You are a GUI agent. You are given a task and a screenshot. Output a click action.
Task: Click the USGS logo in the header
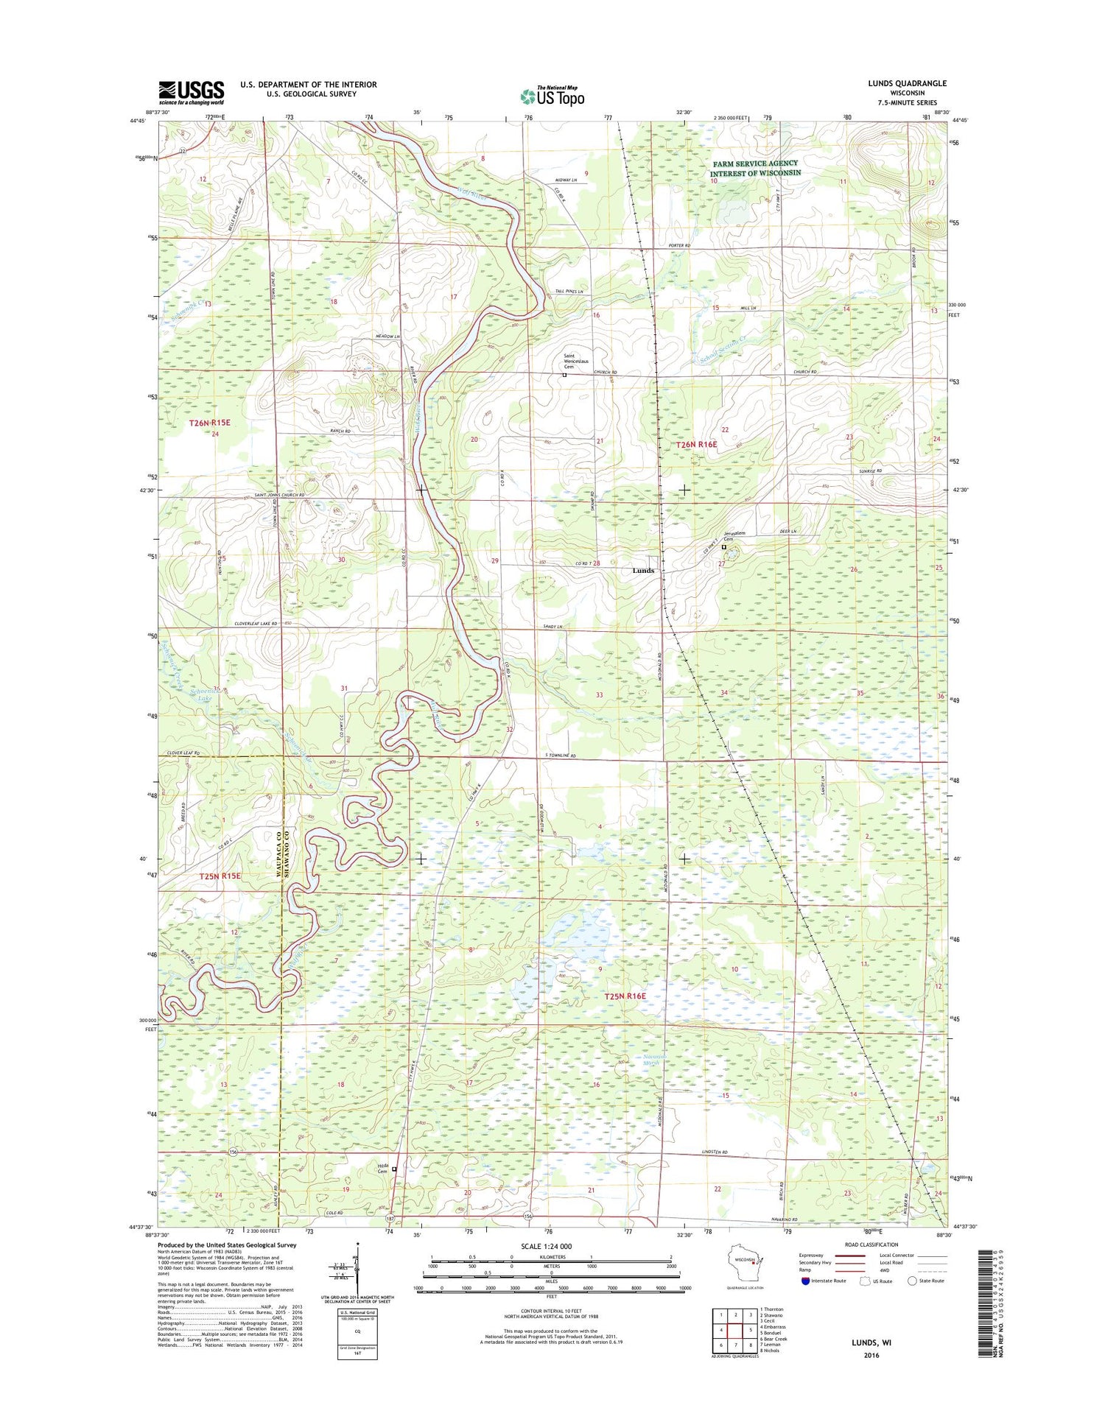191,92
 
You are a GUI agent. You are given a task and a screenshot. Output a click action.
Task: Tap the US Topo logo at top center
552,96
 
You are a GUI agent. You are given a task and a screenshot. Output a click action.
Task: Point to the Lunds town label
642,571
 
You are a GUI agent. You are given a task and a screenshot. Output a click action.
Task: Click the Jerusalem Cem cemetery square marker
723,547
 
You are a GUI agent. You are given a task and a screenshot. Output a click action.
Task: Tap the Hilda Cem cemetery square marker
394,1169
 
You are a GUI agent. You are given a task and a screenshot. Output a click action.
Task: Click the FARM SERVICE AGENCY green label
755,163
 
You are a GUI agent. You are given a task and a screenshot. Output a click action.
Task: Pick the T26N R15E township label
210,423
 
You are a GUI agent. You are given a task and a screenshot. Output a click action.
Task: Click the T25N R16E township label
625,996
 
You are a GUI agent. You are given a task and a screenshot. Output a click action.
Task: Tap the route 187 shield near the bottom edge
390,1219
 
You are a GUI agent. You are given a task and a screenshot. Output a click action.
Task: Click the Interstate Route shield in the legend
805,1281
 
